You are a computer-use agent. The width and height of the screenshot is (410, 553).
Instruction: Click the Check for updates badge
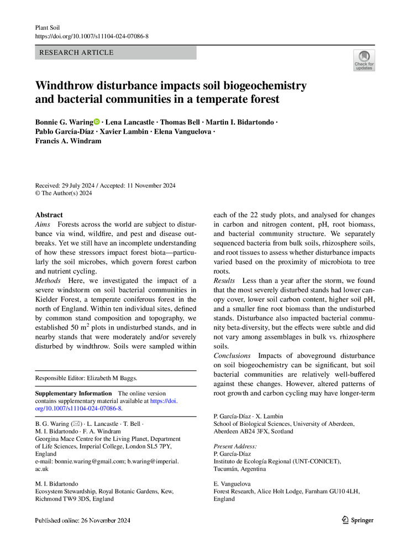[x=364, y=60]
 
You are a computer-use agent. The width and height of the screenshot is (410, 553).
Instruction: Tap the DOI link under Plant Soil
[x=92, y=36]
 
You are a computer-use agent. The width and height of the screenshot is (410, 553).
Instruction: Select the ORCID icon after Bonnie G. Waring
[x=97, y=122]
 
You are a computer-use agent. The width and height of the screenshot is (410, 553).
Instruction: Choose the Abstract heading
[x=49, y=215]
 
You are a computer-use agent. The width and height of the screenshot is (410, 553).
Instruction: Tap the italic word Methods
[x=48, y=281]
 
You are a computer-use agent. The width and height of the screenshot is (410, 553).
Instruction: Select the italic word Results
[x=224, y=281]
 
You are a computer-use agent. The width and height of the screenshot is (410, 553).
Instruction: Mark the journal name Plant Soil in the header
[x=47, y=27]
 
